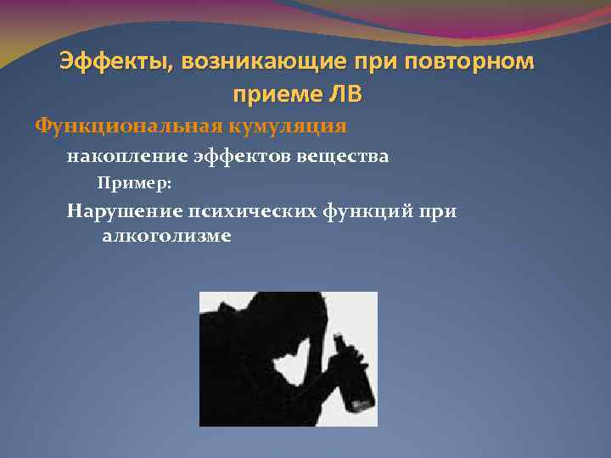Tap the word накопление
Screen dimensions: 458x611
[x=118, y=156]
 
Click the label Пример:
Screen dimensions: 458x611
[x=134, y=182]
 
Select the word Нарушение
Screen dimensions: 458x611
[x=121, y=210]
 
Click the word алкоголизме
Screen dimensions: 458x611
[x=166, y=236]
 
